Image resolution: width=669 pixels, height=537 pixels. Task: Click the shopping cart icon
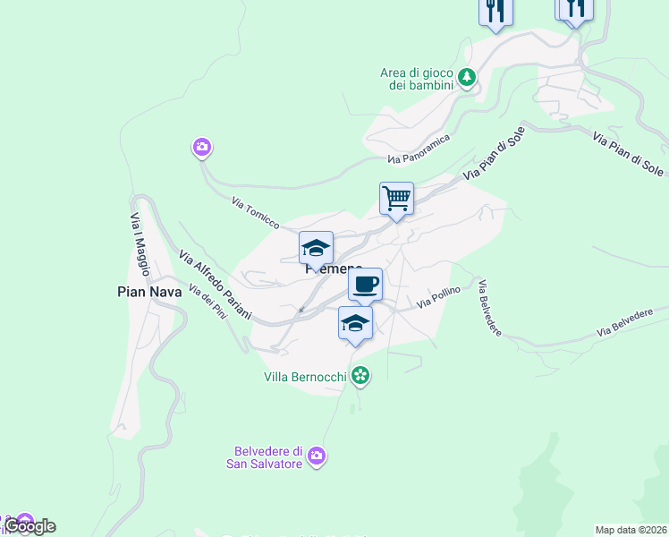[396, 199]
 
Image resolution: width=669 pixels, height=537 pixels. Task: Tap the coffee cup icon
[364, 286]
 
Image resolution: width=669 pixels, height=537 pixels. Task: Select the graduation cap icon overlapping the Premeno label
[316, 248]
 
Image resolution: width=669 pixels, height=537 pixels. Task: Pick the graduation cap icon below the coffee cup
[355, 323]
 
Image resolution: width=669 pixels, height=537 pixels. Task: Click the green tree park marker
[466, 78]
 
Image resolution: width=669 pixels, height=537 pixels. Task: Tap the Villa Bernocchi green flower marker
[360, 376]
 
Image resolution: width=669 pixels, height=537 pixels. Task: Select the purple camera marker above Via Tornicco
[201, 147]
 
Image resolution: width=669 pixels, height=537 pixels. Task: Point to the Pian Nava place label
[149, 291]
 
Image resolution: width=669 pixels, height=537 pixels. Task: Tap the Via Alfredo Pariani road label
[215, 286]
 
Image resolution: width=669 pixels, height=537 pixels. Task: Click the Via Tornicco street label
[256, 212]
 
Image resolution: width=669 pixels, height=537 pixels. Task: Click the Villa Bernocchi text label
[304, 377]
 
